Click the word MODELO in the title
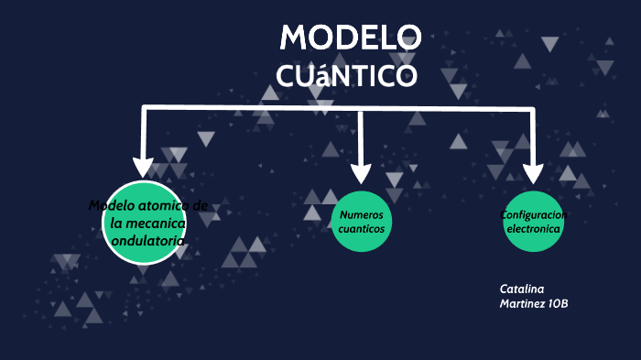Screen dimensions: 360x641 [350, 38]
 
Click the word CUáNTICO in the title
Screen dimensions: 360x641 [347, 75]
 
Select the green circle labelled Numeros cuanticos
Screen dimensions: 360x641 [362, 221]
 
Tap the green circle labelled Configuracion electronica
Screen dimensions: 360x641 [533, 221]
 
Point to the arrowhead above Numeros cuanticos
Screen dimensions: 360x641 [361, 171]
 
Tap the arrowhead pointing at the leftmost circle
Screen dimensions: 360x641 [143, 166]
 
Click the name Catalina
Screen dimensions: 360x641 [522, 289]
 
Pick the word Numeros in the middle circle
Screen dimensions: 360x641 [361, 213]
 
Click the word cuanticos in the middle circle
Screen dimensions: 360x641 [362, 228]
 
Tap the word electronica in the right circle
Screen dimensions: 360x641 [533, 229]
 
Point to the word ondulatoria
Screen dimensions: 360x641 [147, 240]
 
